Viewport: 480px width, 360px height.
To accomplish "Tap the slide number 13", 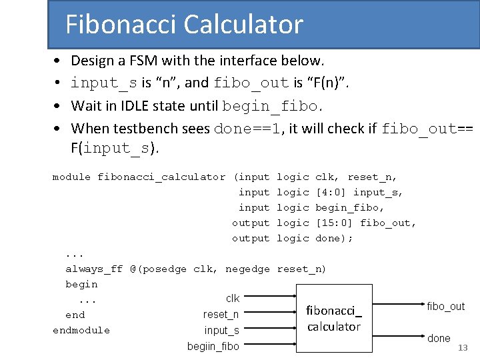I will point(463,348).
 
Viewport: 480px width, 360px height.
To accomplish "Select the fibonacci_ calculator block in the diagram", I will point(333,319).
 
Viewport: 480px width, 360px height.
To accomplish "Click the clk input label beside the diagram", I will point(233,299).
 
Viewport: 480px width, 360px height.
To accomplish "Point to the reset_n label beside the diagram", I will point(221,314).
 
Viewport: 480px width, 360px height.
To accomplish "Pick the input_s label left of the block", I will point(222,330).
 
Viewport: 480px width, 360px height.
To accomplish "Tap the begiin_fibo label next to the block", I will point(213,345).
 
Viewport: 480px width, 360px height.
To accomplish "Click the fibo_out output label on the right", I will point(445,306).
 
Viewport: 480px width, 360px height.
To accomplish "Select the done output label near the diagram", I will point(439,338).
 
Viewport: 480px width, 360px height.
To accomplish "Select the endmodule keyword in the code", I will point(81,330).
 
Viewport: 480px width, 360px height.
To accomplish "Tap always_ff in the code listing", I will point(94,269).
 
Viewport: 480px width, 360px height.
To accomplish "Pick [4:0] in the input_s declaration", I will point(331,193).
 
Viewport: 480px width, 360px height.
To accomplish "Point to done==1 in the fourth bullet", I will point(246,128).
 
